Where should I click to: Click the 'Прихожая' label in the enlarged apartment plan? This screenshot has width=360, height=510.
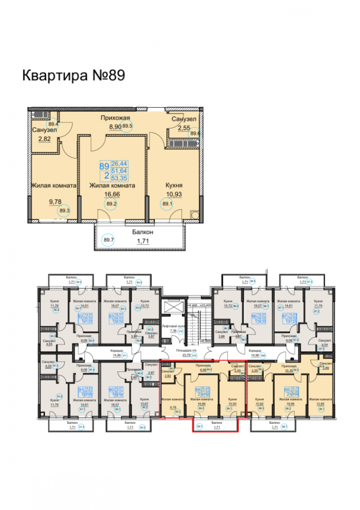coord(112,118)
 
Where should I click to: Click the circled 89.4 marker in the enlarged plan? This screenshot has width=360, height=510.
coord(53,123)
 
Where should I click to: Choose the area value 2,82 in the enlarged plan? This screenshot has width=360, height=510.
coord(43,138)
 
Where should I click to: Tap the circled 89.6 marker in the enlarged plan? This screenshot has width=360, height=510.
coord(194,134)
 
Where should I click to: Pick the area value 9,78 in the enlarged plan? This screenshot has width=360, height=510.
coord(55,202)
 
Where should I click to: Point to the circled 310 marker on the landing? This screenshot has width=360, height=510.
coord(180,356)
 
